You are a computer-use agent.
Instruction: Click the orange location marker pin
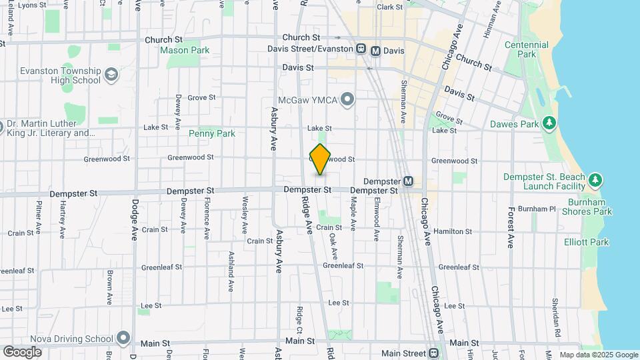[x=320, y=159]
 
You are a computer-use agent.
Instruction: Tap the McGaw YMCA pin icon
[x=347, y=100]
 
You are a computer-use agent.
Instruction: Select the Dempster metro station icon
[x=408, y=181]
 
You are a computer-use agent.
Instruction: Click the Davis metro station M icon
[x=376, y=50]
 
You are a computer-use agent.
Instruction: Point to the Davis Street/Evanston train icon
[x=361, y=49]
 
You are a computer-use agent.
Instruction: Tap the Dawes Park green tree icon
[x=549, y=123]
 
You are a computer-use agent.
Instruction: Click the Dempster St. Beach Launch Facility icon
[x=595, y=180]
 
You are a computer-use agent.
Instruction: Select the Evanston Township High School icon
[x=111, y=74]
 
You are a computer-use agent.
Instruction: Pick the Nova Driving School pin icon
[x=123, y=338]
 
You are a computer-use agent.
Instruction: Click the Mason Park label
[x=185, y=50]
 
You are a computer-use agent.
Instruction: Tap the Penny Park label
[x=212, y=133]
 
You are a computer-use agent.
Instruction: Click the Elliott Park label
[x=586, y=242]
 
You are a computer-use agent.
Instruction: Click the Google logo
[x=22, y=351]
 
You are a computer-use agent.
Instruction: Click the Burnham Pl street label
[x=537, y=209]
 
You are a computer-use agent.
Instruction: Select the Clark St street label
[x=390, y=7]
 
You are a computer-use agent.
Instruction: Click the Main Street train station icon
[x=434, y=353]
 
